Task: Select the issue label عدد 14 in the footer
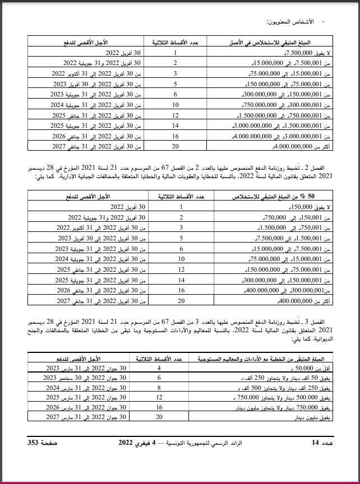pyautogui.click(x=322, y=443)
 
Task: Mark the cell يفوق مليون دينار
pyautogui.click(x=312, y=417)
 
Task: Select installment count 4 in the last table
pyautogui.click(x=159, y=368)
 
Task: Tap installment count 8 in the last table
pyautogui.click(x=159, y=388)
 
